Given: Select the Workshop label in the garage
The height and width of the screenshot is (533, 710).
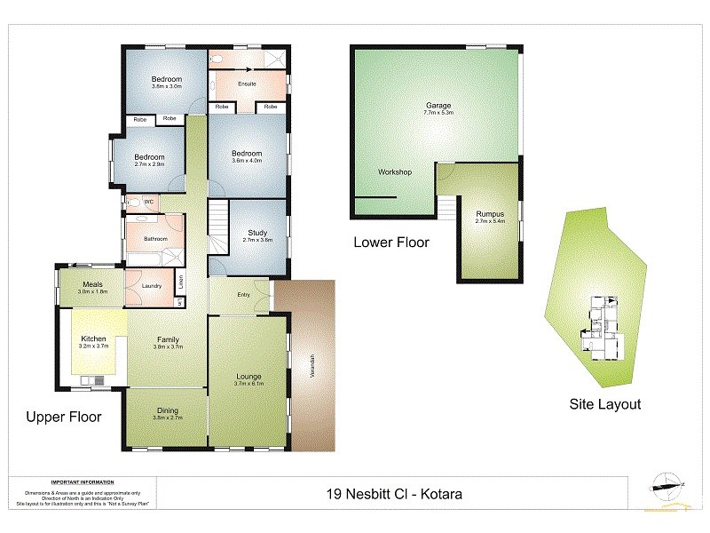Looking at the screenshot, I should [394, 171].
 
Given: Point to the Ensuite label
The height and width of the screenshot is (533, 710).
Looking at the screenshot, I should [248, 84].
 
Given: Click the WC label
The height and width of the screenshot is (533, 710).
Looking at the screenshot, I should [149, 202].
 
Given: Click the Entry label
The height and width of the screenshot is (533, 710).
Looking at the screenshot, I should [243, 295].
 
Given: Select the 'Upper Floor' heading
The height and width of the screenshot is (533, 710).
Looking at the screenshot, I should [64, 417].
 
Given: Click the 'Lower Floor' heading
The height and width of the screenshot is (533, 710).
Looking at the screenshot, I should [391, 242].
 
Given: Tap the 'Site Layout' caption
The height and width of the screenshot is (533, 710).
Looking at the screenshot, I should [604, 403].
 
